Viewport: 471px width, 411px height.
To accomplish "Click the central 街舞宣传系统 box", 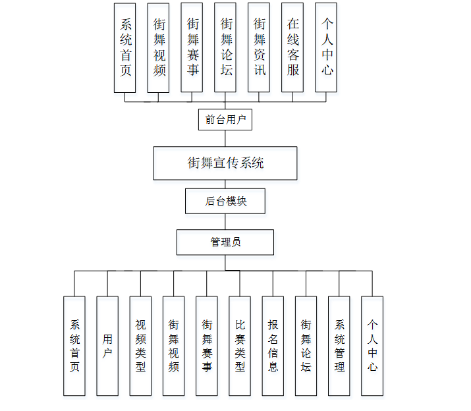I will [225, 163].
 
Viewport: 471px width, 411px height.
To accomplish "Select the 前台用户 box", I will [225, 119].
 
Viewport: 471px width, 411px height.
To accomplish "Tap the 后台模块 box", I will [225, 201].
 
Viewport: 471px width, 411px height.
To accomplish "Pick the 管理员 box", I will [225, 242].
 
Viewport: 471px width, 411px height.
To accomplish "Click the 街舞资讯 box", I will [260, 47].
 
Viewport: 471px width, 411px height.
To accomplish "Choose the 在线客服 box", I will [293, 47].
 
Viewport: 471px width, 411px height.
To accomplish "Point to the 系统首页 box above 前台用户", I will [125, 47].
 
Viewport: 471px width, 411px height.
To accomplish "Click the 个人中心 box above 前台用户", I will [327, 47].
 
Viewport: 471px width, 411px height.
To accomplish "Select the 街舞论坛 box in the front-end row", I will [226, 47].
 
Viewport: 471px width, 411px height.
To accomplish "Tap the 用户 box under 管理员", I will [107, 345].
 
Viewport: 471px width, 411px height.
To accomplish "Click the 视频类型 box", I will [140, 345].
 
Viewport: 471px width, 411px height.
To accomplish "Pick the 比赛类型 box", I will [240, 345].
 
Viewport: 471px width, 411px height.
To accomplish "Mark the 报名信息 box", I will [273, 345].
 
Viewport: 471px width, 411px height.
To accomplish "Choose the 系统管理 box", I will [339, 345].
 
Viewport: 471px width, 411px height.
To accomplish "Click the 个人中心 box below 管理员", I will [372, 345].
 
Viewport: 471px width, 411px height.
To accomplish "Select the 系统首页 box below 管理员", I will [74, 345].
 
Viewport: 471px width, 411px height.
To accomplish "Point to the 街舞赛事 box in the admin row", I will [207, 345].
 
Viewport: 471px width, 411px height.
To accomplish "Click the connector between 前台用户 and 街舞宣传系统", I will [225, 138].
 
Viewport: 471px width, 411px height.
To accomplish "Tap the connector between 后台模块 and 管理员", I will [225, 221].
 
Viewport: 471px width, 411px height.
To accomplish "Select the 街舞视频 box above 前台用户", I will [159, 47].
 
